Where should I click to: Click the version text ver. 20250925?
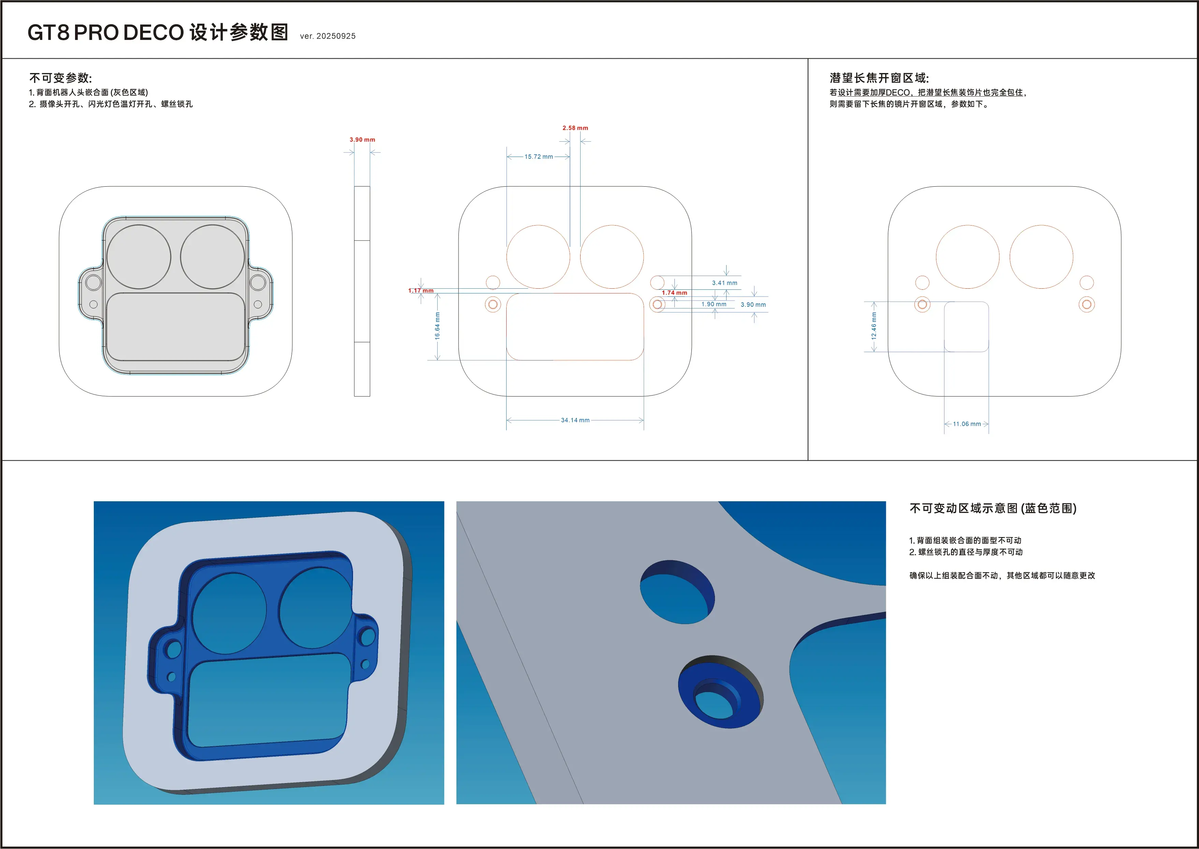[x=327, y=36]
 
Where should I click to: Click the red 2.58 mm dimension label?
[x=575, y=128]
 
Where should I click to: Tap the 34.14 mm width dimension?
[x=575, y=420]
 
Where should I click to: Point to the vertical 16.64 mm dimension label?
[x=437, y=326]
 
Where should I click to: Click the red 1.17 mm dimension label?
[x=421, y=291]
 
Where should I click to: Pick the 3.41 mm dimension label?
[x=725, y=283]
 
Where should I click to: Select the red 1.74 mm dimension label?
[x=674, y=293]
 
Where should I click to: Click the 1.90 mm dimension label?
[x=714, y=304]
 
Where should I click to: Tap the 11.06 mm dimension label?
[x=966, y=424]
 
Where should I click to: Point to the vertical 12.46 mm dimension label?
[x=874, y=326]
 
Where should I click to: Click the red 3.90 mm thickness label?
[x=362, y=140]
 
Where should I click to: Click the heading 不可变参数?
[x=61, y=78]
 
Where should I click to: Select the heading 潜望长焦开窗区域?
[x=879, y=78]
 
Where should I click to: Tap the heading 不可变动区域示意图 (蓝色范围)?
[x=993, y=508]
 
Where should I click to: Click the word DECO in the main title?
[x=153, y=32]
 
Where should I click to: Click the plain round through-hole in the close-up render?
[x=677, y=592]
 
